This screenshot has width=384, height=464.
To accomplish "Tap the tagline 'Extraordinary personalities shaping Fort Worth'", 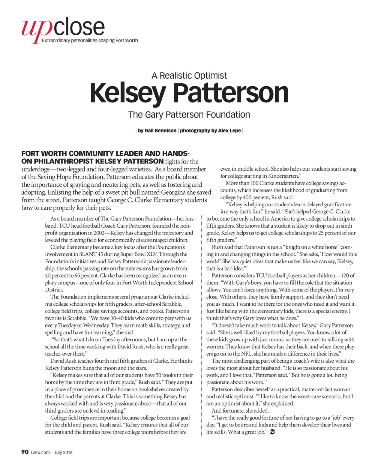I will click(x=90, y=41).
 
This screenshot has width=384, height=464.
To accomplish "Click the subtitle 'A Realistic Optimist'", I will click(x=189, y=76).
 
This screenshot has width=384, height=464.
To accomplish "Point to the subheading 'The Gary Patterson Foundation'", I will click(x=189, y=115).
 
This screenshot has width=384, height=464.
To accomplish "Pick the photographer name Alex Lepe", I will click(x=229, y=131).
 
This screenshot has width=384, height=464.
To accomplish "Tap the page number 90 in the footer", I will click(x=25, y=452).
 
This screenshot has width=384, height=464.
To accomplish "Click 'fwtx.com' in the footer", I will click(x=40, y=452).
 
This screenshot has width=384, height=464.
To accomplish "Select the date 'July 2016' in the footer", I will click(x=63, y=452).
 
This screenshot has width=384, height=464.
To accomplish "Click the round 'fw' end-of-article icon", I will click(x=273, y=432).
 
